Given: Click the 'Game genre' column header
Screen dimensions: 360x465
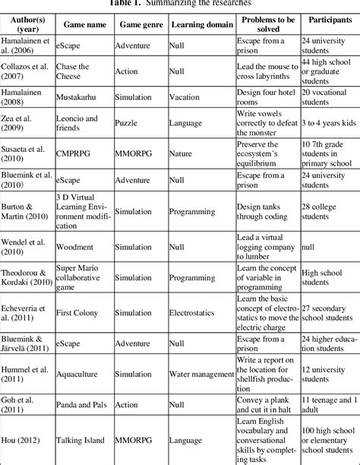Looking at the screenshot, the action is point(141,24).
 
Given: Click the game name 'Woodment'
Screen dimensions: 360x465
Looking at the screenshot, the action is point(76,246).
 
